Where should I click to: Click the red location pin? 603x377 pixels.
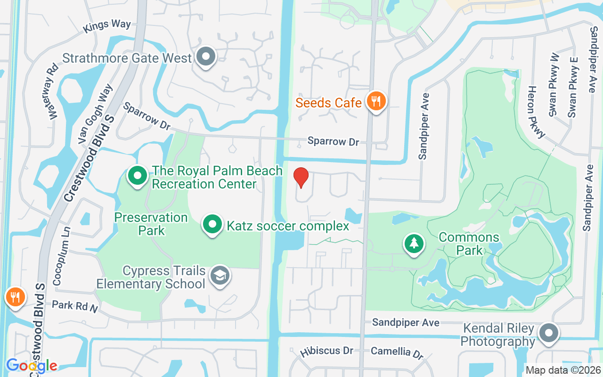pyautogui.click(x=301, y=178)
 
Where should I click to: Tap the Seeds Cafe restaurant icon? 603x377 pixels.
pyautogui.click(x=376, y=101)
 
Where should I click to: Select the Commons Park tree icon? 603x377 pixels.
pyautogui.click(x=414, y=244)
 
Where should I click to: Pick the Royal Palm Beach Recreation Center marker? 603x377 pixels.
pyautogui.click(x=138, y=176)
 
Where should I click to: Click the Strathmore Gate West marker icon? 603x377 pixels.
pyautogui.click(x=205, y=57)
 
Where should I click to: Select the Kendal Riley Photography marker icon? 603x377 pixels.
pyautogui.click(x=548, y=334)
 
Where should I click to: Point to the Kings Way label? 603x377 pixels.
pyautogui.click(x=107, y=26)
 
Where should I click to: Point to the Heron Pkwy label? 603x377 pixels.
pyautogui.click(x=536, y=112)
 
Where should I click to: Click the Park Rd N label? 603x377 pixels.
pyautogui.click(x=74, y=306)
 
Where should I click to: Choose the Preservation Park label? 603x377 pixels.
pyautogui.click(x=151, y=224)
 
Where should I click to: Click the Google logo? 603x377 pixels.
pyautogui.click(x=32, y=365)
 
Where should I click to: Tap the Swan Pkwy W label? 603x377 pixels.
pyautogui.click(x=554, y=85)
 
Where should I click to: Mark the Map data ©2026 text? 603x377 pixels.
pyautogui.click(x=563, y=370)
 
